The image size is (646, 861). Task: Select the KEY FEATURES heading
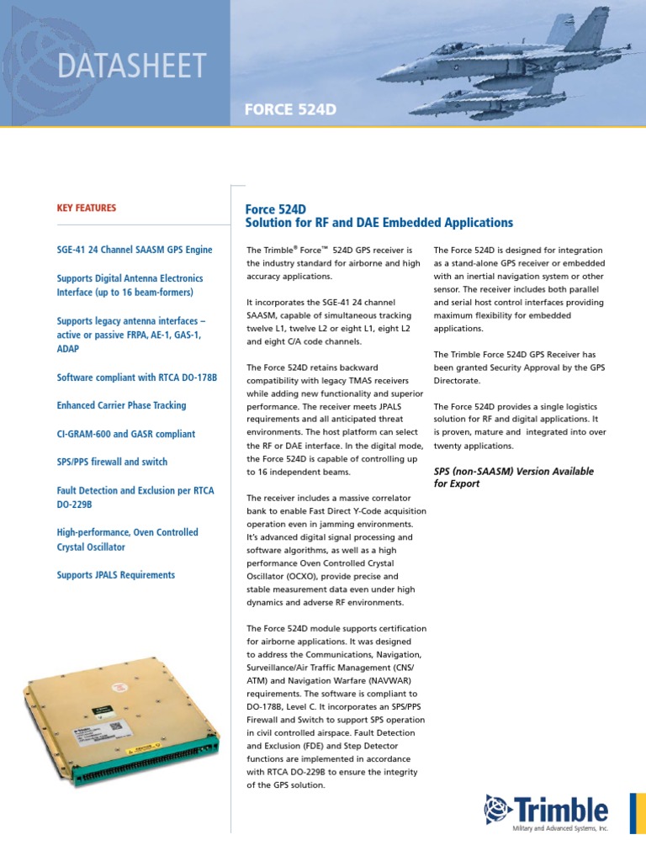pyautogui.click(x=87, y=208)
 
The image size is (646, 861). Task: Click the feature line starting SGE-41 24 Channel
pyautogui.click(x=135, y=250)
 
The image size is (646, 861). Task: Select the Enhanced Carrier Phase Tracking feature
pyautogui.click(x=121, y=405)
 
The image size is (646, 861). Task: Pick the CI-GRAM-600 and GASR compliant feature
pyautogui.click(x=125, y=434)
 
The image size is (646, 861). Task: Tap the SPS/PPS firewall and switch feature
pyautogui.click(x=112, y=462)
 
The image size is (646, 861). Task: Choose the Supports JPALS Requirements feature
pyautogui.click(x=116, y=575)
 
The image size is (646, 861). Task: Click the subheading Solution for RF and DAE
pyautogui.click(x=379, y=223)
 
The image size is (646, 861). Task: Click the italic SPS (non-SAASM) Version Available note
pyautogui.click(x=513, y=478)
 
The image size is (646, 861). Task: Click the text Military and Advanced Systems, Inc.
pyautogui.click(x=559, y=829)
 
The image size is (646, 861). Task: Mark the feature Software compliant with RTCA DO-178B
pyautogui.click(x=137, y=378)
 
